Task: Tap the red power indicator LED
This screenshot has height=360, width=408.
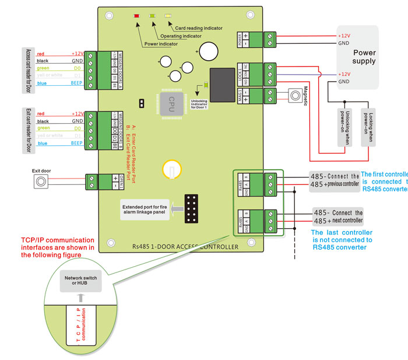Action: (x=136, y=16)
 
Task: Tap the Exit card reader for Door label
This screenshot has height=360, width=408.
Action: (x=27, y=129)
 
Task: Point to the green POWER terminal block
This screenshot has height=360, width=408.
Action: (x=270, y=39)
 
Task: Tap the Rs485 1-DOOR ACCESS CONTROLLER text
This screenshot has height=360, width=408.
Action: (x=185, y=247)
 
